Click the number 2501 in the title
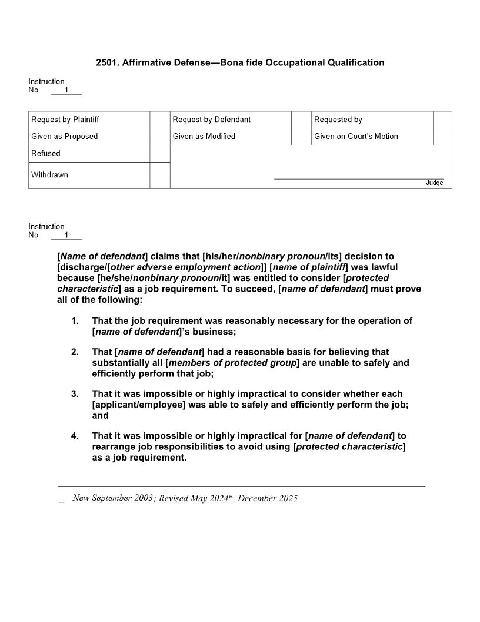pyautogui.click(x=106, y=62)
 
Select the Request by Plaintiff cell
pyautogui.click(x=65, y=120)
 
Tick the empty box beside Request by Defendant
pyautogui.click(x=301, y=120)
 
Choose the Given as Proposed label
pyautogui.click(x=65, y=137)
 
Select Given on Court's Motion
pyautogui.click(x=356, y=137)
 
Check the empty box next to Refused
pyautogui.click(x=159, y=154)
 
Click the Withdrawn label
pyautogui.click(x=49, y=175)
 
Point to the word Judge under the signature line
pyautogui.click(x=434, y=183)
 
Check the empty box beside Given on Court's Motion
pyautogui.click(x=442, y=137)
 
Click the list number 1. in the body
pyautogui.click(x=75, y=321)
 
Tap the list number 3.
pyautogui.click(x=75, y=394)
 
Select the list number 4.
pyautogui.click(x=75, y=436)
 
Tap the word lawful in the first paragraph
pyautogui.click(x=383, y=267)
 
